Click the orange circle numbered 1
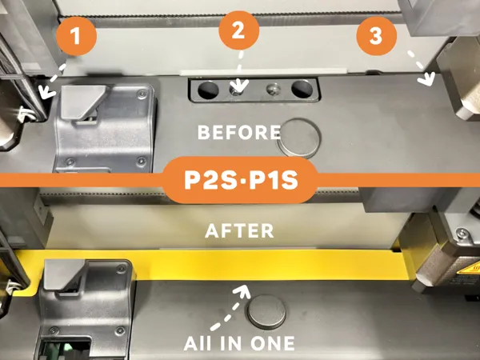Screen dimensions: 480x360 [x=77, y=35]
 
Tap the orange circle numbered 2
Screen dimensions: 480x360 [x=238, y=30]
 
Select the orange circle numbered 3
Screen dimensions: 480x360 [x=377, y=35]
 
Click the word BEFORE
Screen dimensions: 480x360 [x=239, y=132]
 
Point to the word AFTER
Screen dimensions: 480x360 [x=239, y=231]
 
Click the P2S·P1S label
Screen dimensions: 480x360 [x=241, y=180]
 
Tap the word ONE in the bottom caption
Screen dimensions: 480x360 [x=273, y=343]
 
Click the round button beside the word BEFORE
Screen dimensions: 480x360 [x=299, y=138]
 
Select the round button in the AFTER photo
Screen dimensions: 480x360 [x=267, y=312]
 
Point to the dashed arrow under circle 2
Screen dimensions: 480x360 [x=240, y=73]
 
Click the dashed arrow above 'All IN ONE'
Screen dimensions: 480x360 [x=230, y=306]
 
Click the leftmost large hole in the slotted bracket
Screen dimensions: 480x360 [x=208, y=90]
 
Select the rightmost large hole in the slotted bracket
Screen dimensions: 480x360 [x=302, y=89]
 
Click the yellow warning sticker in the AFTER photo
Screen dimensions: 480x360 [x=469, y=270]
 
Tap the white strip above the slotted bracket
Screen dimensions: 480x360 [x=264, y=72]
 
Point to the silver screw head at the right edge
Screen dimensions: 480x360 [x=461, y=234]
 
